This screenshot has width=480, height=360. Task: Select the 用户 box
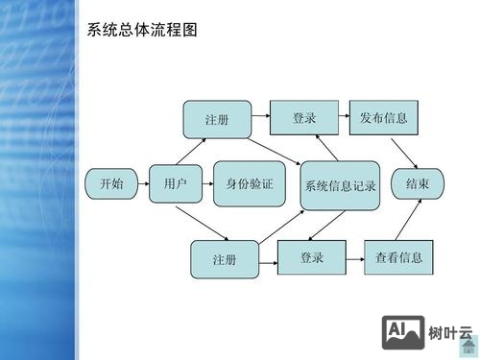coord(175,182)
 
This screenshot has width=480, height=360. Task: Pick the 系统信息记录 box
coord(341,185)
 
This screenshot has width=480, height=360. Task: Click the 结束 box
coord(417,182)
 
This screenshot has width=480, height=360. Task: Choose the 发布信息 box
coord(384,118)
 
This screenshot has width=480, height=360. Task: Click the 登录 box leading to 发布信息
coord(304,118)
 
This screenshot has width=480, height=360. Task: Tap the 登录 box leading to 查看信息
coord(311,257)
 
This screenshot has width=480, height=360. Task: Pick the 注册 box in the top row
coord(217,119)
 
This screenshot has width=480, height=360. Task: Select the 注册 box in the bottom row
coord(225,259)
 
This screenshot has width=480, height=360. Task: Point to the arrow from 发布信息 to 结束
coord(404,151)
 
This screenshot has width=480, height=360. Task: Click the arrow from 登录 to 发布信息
coord(344,118)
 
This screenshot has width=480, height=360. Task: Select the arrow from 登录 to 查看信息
coord(354,257)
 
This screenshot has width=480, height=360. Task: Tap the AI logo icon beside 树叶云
coord(403,332)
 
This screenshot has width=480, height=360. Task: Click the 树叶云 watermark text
coord(451,334)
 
